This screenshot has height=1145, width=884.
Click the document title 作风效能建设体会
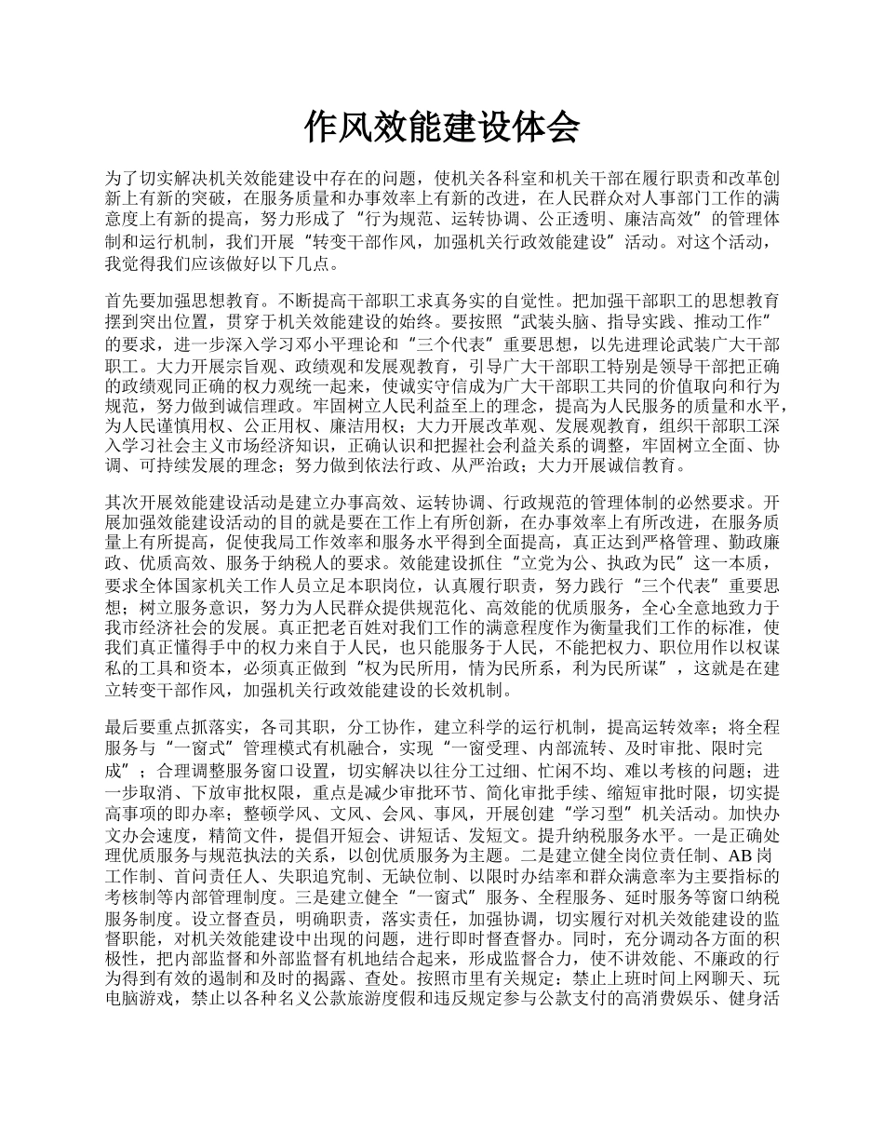pyautogui.click(x=442, y=128)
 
